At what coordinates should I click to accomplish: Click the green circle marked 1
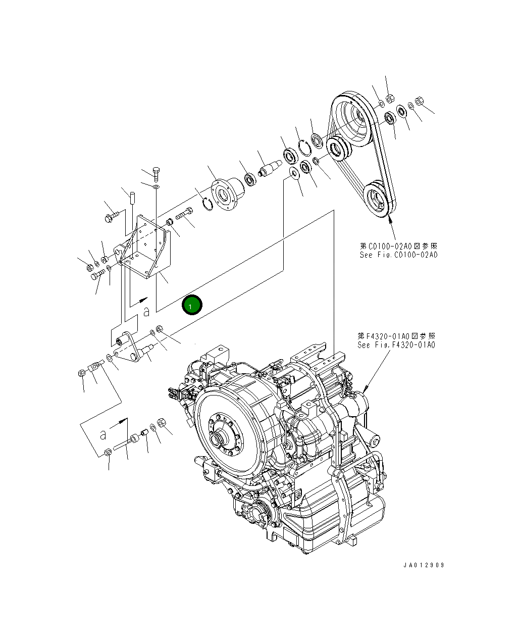[x=192, y=305]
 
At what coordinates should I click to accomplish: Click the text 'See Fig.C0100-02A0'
[x=398, y=255]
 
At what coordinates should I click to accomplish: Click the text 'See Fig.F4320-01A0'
[x=396, y=345]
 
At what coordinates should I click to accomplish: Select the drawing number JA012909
[x=424, y=565]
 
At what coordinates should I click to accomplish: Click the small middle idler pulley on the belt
[x=337, y=147]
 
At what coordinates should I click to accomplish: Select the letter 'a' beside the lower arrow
[x=103, y=434]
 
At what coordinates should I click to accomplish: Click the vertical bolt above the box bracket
[x=155, y=173]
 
